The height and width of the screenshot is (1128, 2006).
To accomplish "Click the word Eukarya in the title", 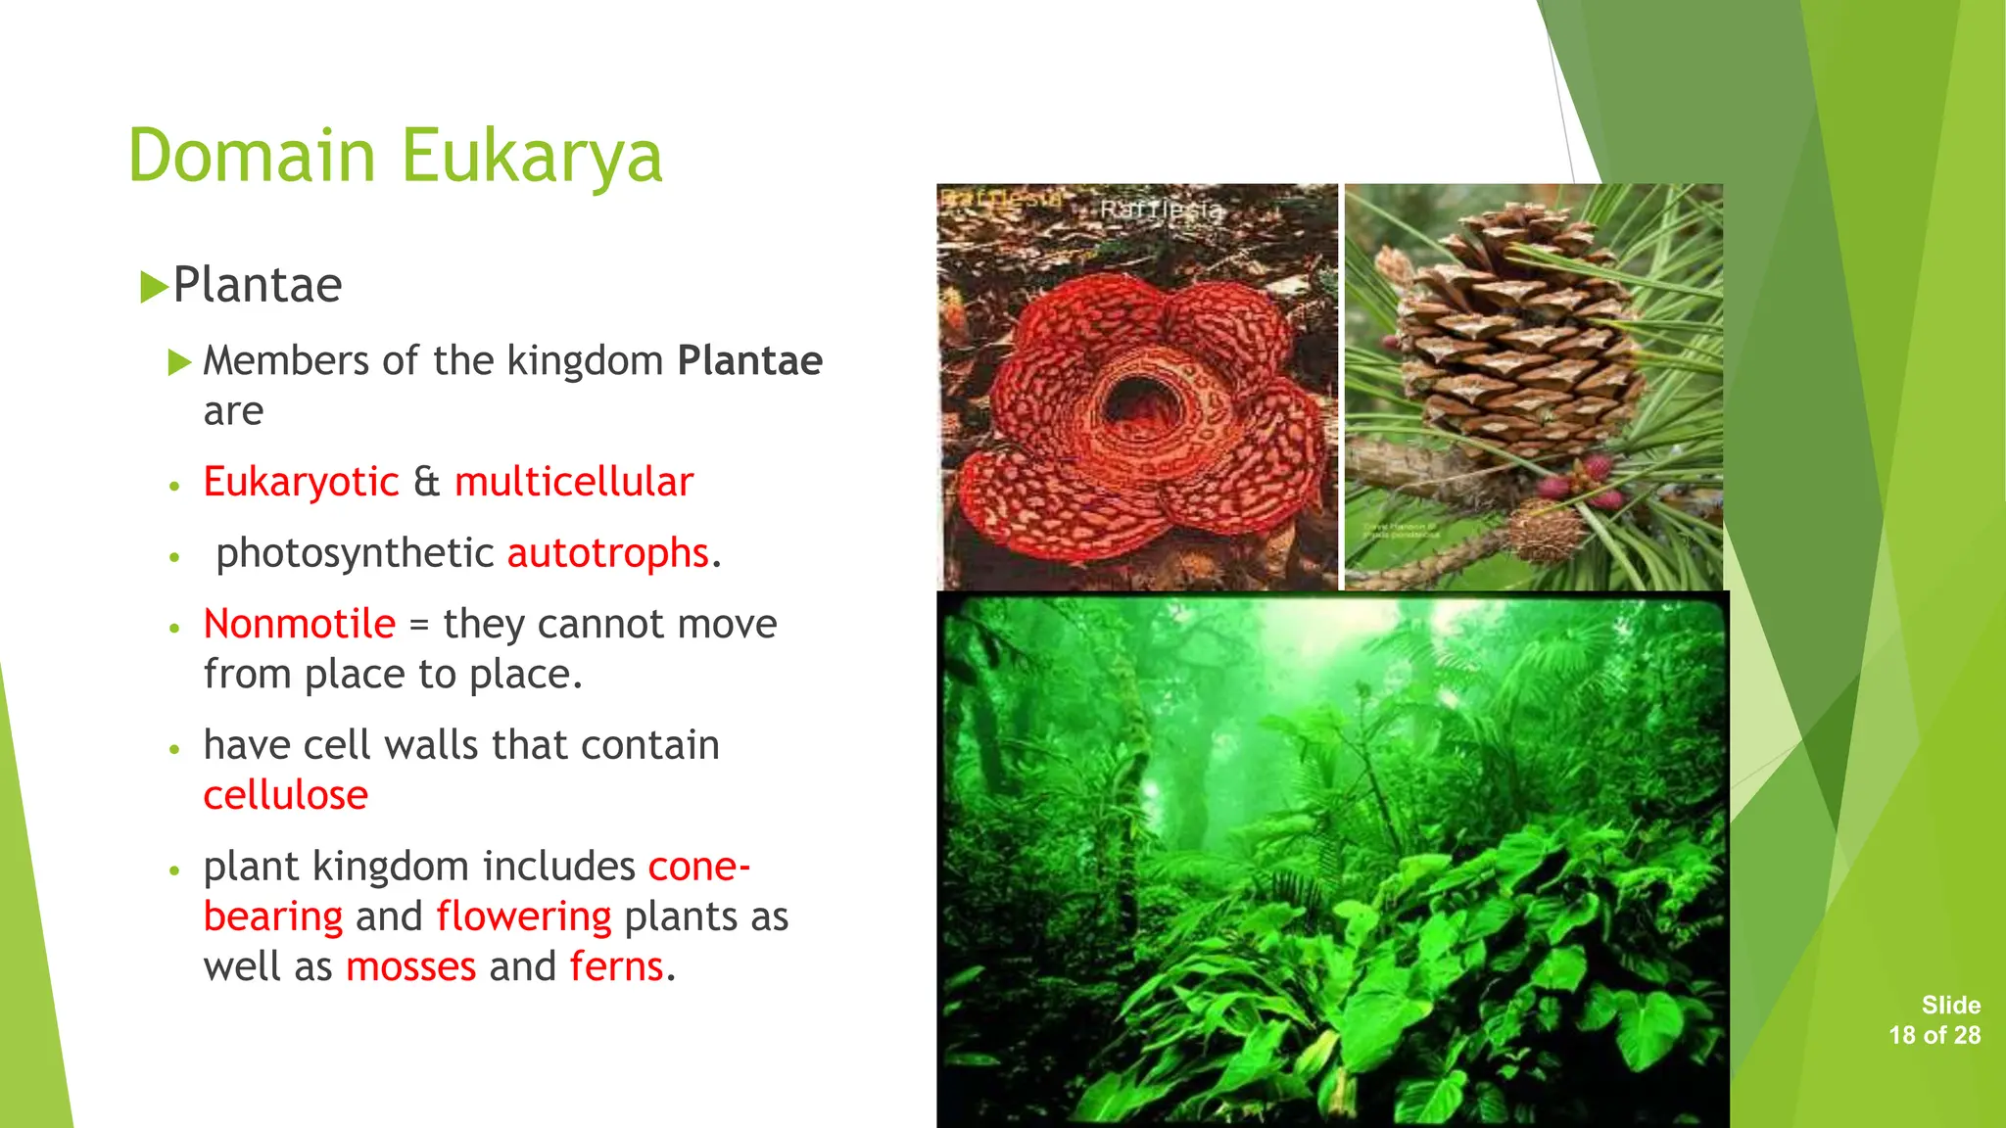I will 532,157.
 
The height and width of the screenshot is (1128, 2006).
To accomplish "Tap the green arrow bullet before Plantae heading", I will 153,287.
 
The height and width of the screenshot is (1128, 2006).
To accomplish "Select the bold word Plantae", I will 749,360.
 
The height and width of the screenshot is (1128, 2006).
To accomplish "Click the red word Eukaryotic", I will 301,482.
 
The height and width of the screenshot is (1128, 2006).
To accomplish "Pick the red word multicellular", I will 573,482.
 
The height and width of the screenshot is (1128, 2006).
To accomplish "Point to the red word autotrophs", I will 607,553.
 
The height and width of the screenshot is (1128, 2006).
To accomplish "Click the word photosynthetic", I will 354,553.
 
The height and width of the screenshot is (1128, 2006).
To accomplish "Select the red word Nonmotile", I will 299,624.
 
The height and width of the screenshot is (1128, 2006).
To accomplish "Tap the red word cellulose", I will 285,795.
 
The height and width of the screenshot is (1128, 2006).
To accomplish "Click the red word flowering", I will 523,916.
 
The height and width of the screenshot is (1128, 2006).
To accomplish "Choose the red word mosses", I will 410,966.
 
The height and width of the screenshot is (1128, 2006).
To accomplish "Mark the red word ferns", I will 616,966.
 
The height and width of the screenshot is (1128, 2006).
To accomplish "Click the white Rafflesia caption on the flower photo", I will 1161,210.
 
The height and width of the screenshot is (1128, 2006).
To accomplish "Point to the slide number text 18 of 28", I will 1934,1035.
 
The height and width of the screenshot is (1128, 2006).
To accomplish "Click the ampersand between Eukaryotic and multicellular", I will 426,482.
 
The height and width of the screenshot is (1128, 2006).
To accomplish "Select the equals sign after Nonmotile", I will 419,625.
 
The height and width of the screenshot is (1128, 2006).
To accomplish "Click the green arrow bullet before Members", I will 179,363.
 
